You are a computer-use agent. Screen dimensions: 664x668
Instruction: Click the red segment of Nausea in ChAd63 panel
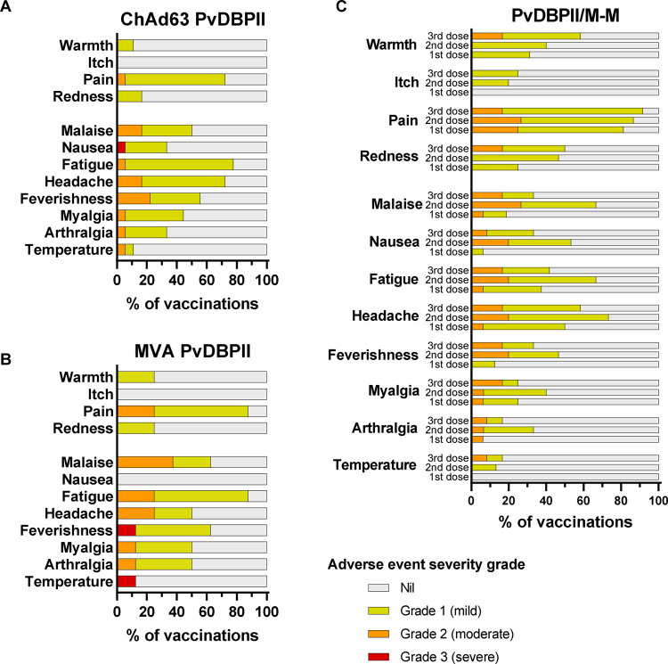(121, 147)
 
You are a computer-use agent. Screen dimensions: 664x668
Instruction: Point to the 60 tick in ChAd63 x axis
(207, 280)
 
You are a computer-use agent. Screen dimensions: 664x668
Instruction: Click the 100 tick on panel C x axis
(656, 501)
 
